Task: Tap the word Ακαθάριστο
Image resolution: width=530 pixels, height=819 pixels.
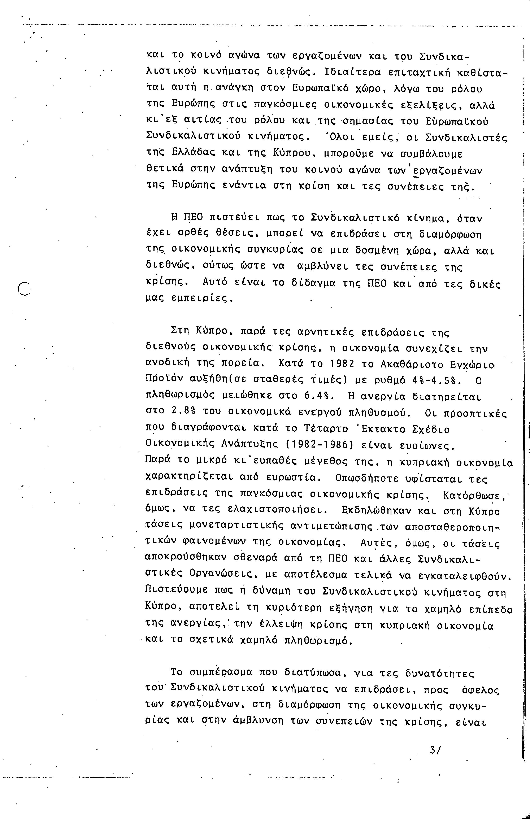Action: [411, 364]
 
